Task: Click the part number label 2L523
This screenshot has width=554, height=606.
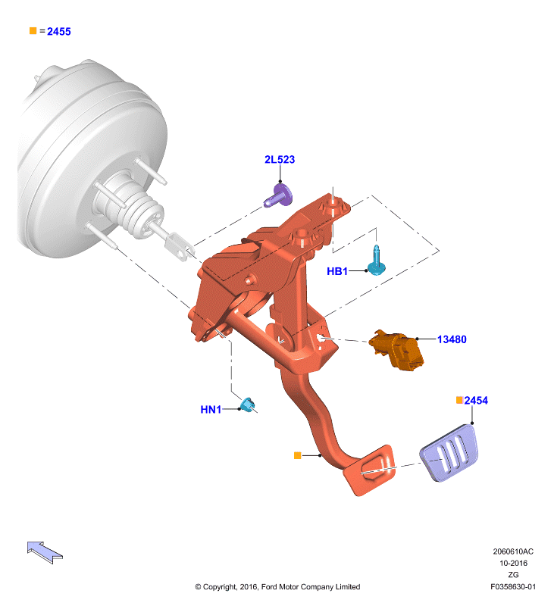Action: tap(280, 160)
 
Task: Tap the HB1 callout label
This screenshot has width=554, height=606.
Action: tap(337, 271)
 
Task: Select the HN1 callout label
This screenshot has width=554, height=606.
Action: tap(211, 409)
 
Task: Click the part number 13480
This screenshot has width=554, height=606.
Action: tap(452, 339)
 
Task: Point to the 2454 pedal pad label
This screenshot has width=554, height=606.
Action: tap(476, 401)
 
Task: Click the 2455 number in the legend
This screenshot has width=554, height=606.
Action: tap(59, 32)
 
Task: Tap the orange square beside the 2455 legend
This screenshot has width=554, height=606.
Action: tap(33, 30)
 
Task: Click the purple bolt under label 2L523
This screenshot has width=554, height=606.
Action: tap(279, 195)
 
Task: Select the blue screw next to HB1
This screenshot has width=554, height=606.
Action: tap(376, 261)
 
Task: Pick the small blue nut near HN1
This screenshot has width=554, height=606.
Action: tap(248, 405)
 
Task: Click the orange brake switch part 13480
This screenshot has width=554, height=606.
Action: tap(396, 349)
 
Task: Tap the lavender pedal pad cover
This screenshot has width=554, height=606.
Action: tap(449, 452)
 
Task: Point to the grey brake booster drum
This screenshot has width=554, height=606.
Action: tap(92, 158)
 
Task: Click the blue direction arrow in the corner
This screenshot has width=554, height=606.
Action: tap(45, 552)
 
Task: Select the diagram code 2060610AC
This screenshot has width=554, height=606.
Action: tap(513, 551)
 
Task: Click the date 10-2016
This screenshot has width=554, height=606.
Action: tap(513, 563)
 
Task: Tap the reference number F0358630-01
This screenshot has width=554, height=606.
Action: tap(513, 586)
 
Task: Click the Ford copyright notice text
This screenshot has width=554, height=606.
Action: tap(277, 586)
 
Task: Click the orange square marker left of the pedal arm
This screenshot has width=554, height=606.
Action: tap(297, 456)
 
